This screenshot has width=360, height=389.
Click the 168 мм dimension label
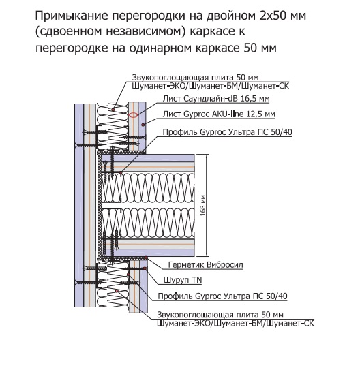[203, 206]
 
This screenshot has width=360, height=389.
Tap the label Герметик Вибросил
[206, 265]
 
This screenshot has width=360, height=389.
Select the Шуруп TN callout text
[183, 280]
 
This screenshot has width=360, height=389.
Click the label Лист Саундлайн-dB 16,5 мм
[216, 99]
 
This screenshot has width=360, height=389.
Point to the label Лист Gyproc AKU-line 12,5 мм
[219, 114]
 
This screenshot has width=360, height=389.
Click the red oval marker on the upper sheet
[134, 115]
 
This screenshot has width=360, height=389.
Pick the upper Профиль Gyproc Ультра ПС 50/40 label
[227, 132]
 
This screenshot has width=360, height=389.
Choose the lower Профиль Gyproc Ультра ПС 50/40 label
[223, 296]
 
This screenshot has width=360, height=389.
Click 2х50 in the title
[275, 16]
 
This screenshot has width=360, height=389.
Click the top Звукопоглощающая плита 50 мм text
[195, 78]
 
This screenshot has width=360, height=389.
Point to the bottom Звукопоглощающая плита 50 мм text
[220, 315]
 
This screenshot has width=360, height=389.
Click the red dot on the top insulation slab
[113, 109]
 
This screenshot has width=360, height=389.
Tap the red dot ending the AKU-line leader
[143, 125]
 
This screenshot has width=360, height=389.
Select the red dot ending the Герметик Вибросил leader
[146, 258]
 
